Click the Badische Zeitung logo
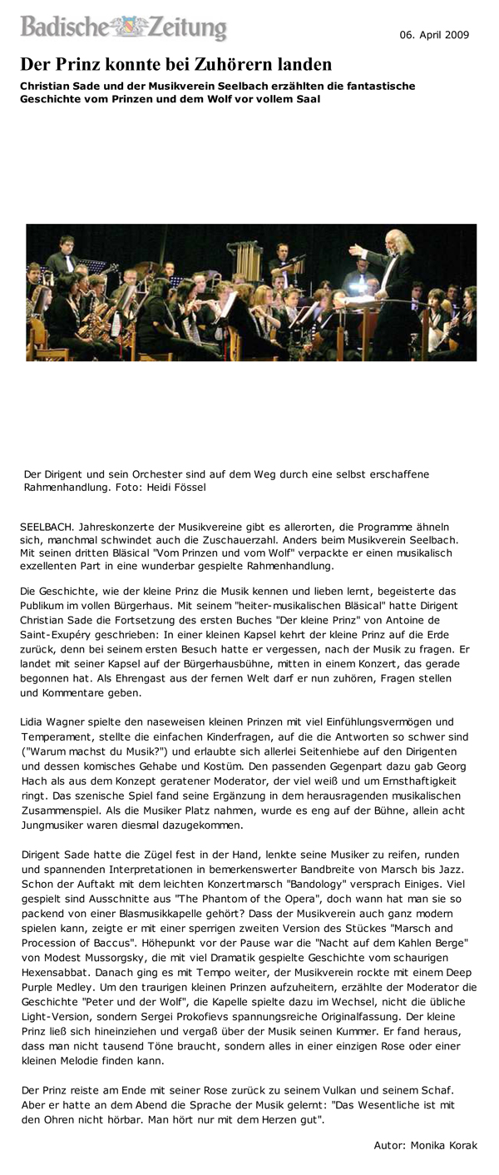[124, 27]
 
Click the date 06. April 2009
[433, 35]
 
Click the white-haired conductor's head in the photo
[391, 242]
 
